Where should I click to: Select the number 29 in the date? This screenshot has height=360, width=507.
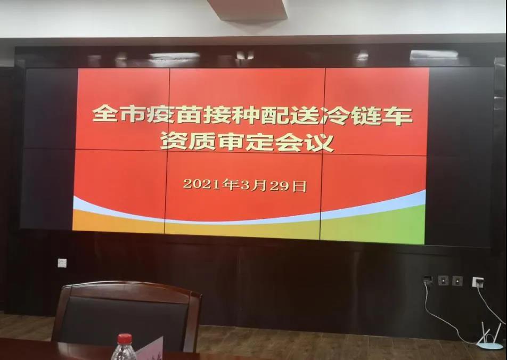[279, 186]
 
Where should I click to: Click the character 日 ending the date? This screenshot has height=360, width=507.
[299, 186]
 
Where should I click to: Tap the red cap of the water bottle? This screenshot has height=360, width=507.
[125, 339]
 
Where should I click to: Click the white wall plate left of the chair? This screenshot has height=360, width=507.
[62, 263]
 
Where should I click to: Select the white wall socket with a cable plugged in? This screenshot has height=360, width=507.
[478, 282]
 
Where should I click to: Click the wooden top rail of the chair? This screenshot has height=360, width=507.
[129, 289]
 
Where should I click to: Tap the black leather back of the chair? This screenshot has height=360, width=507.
[123, 320]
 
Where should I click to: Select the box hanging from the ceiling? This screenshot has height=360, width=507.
[247, 10]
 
